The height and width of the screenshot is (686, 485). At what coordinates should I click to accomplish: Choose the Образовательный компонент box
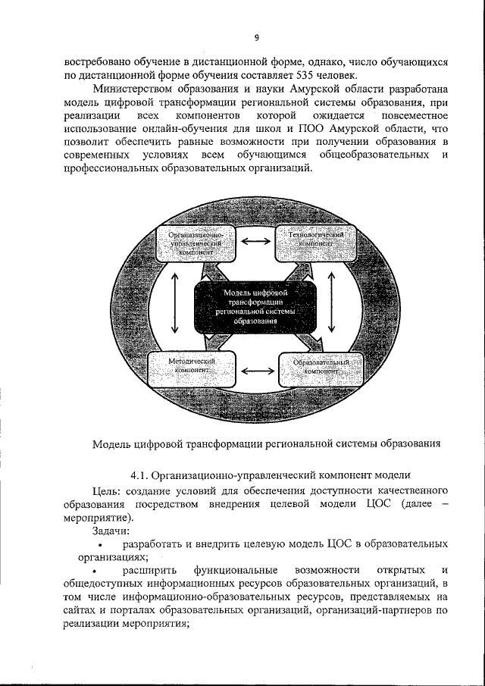[x=317, y=369]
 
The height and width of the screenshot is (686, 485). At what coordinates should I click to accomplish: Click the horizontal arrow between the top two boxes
[x=255, y=242]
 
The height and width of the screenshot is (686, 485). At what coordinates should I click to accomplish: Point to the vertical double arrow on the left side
[x=175, y=303]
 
